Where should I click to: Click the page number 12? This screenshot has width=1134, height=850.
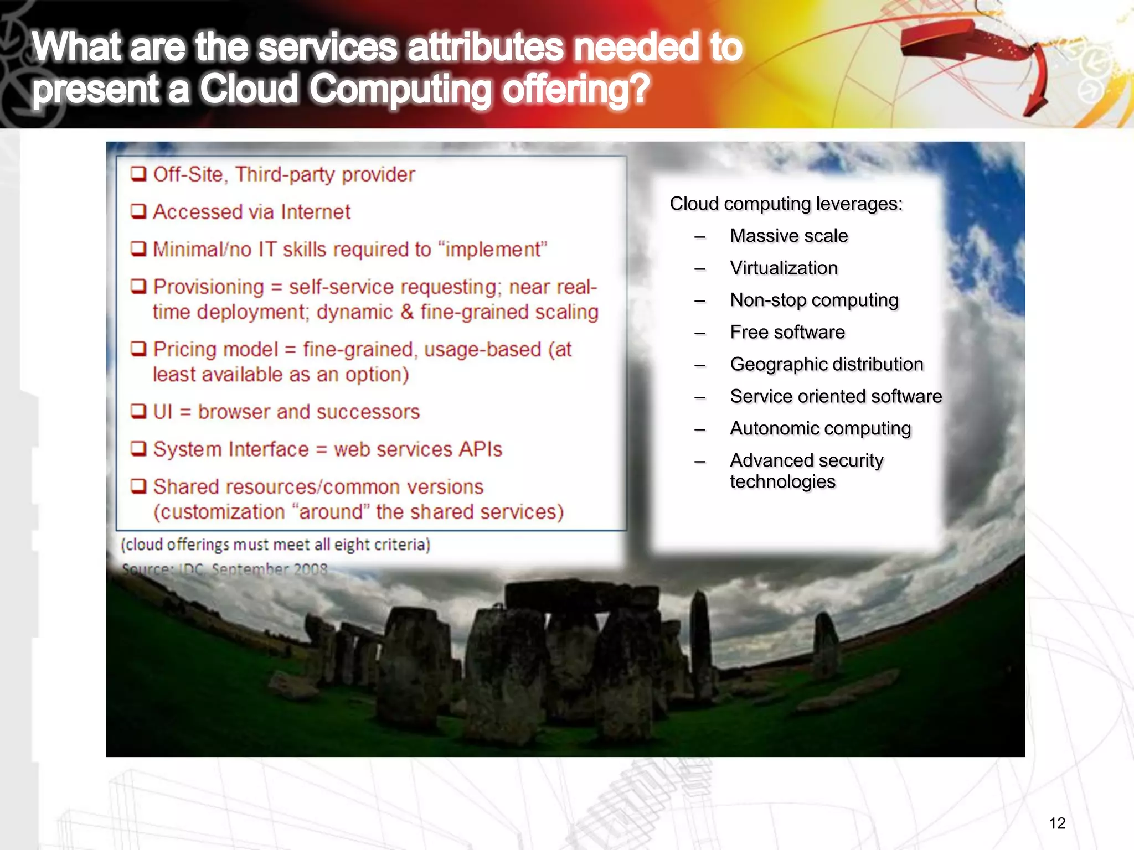tap(1057, 823)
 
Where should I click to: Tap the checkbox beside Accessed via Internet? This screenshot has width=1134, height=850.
tap(138, 211)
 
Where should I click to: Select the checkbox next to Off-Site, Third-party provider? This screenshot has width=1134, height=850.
tap(138, 174)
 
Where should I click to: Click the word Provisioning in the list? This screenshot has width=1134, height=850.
tap(208, 287)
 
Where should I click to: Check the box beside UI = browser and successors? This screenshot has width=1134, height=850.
tap(138, 411)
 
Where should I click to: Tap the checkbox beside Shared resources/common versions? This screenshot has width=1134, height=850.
tap(138, 486)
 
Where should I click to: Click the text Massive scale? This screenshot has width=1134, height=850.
tap(788, 236)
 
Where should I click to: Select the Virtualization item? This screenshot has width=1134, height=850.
tap(784, 268)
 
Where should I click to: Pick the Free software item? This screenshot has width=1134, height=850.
tap(787, 332)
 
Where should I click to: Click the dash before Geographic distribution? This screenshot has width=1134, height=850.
tap(700, 365)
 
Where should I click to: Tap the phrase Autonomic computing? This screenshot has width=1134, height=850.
tap(820, 428)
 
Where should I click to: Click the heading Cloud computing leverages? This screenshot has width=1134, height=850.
tap(786, 204)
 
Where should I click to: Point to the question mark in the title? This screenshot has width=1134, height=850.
tap(638, 89)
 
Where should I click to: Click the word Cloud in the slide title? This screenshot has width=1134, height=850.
tap(249, 89)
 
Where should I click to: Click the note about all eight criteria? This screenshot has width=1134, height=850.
tap(275, 545)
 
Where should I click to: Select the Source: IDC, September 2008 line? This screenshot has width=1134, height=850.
tap(224, 569)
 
